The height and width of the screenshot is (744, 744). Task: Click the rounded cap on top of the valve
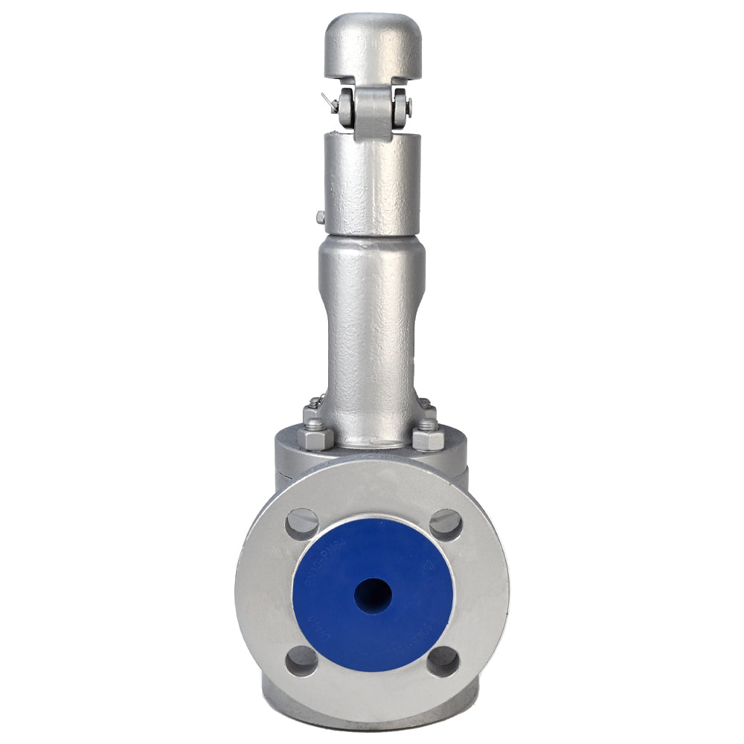[x=372, y=45]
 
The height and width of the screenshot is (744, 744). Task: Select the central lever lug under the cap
[x=372, y=112]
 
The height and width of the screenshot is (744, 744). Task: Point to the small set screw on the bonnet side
[x=320, y=217]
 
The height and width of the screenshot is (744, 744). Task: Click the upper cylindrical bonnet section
[x=372, y=182]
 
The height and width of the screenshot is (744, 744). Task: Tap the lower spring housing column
[x=372, y=327]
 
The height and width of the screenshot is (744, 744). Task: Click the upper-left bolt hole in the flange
[x=301, y=523]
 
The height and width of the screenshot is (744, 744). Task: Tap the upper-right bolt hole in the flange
[x=445, y=524]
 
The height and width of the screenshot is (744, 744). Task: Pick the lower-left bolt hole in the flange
[x=301, y=660]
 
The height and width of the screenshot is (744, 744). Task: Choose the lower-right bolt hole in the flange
[x=444, y=660]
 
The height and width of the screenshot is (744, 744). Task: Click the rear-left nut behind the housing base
[x=313, y=408]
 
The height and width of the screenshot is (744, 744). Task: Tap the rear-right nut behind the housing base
[x=427, y=407]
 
